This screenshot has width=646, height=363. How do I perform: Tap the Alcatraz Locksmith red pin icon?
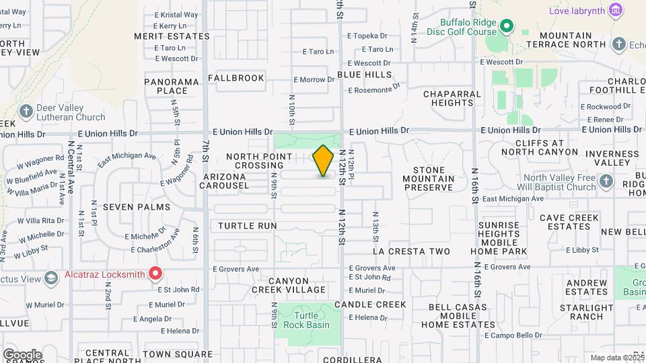pos(155,273)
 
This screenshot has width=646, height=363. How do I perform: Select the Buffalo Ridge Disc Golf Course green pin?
pos(507,28)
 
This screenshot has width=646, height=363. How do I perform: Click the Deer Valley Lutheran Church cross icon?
pos(26,111)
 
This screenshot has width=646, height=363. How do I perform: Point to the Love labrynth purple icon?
pos(614,10)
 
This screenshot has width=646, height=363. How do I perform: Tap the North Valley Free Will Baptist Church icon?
pos(606,181)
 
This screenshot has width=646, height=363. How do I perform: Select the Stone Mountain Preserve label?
pos(429,179)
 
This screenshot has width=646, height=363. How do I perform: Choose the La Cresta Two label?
pos(410,251)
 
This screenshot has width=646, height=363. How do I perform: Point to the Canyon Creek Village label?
pos(289,286)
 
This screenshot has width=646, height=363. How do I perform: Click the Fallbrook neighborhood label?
pos(236,78)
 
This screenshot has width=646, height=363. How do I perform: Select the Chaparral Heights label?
pos(452,98)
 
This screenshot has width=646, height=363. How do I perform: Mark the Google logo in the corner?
pos(22,355)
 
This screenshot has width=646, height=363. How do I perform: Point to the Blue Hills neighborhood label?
pos(364,74)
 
